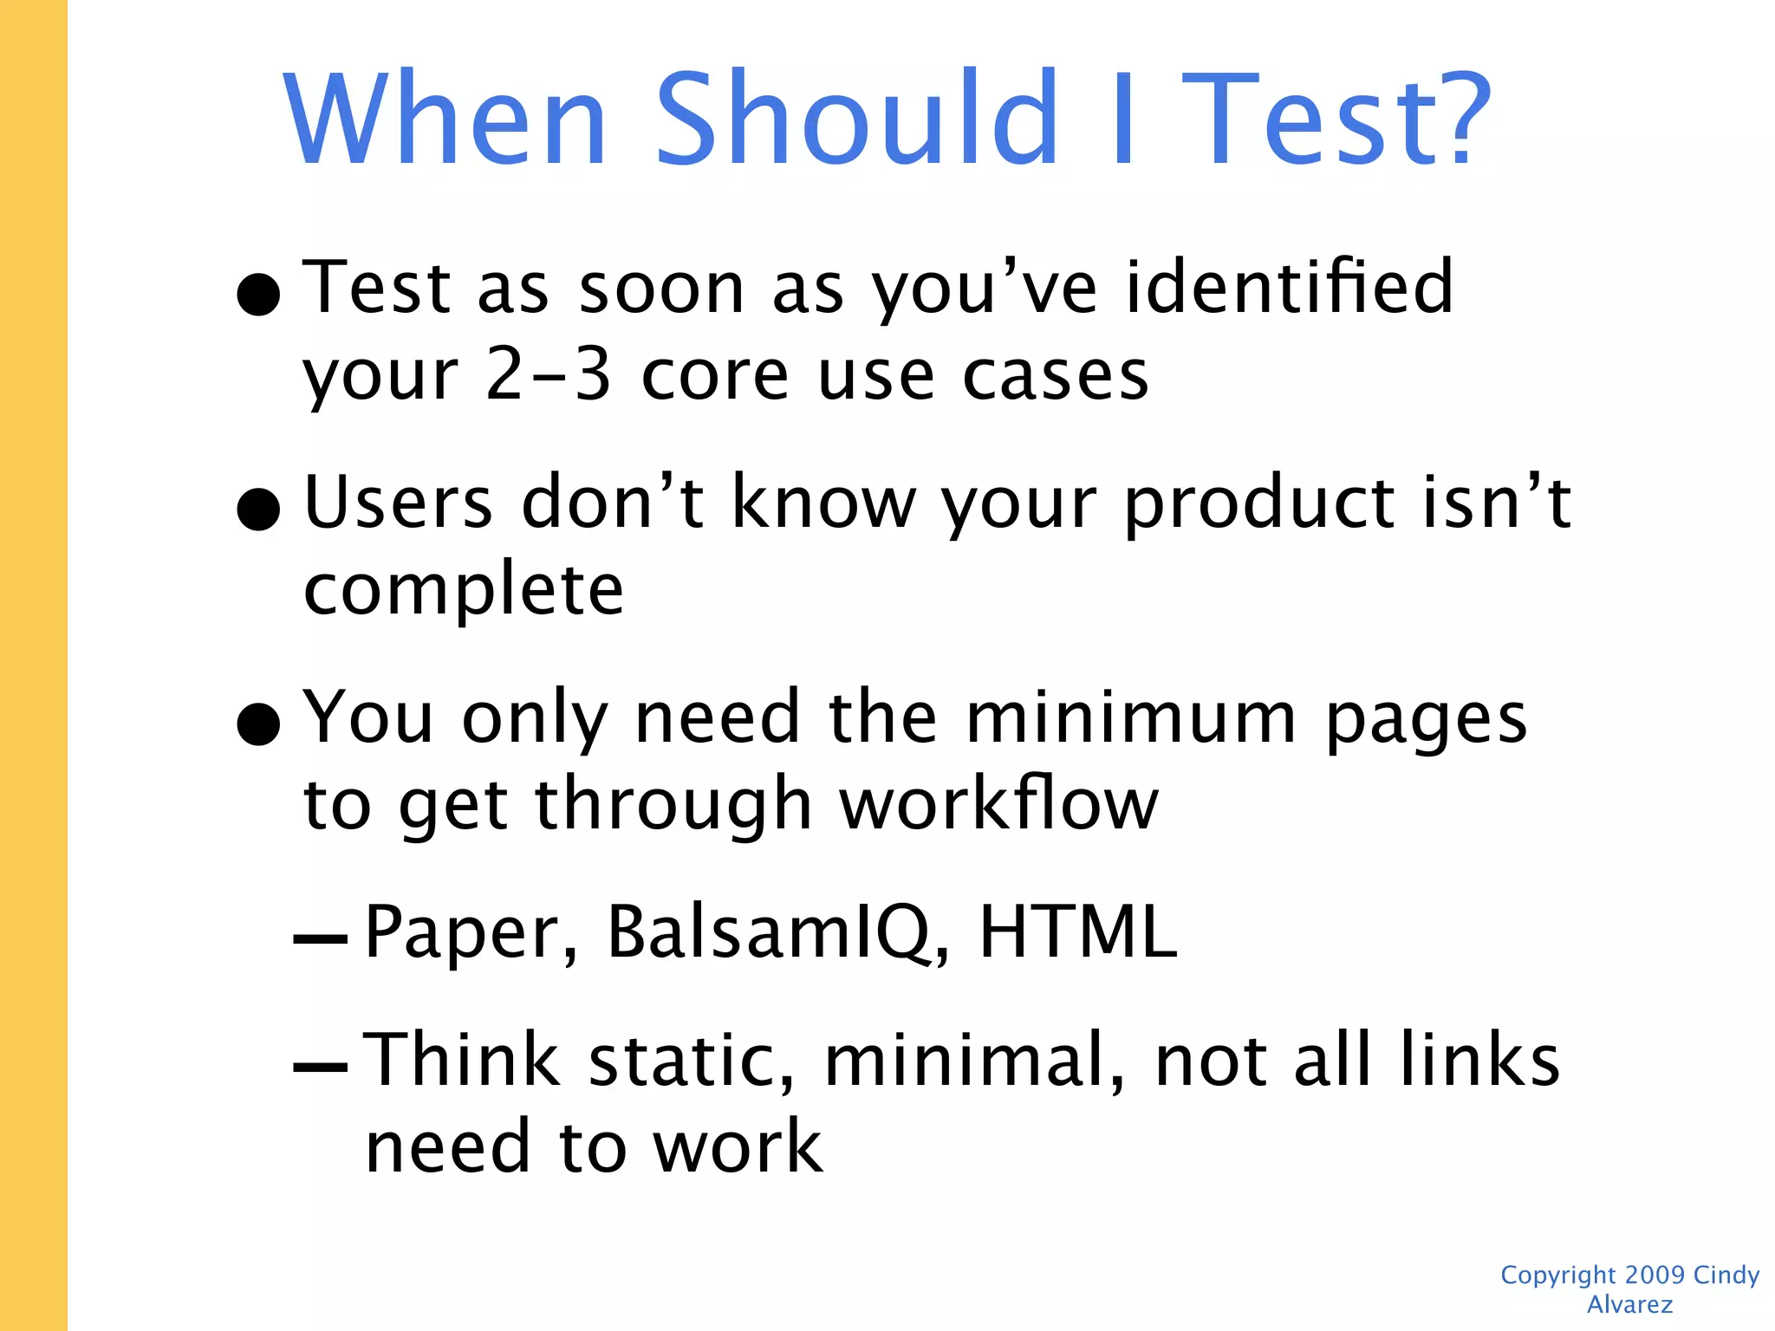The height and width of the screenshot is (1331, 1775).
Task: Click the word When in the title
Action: [x=445, y=119]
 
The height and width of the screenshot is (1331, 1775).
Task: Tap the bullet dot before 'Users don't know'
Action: [x=258, y=509]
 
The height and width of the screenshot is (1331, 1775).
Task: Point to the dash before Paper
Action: [x=321, y=939]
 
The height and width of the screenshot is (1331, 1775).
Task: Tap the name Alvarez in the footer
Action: [x=1629, y=1304]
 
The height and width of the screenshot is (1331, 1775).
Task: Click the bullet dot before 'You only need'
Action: [x=258, y=724]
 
